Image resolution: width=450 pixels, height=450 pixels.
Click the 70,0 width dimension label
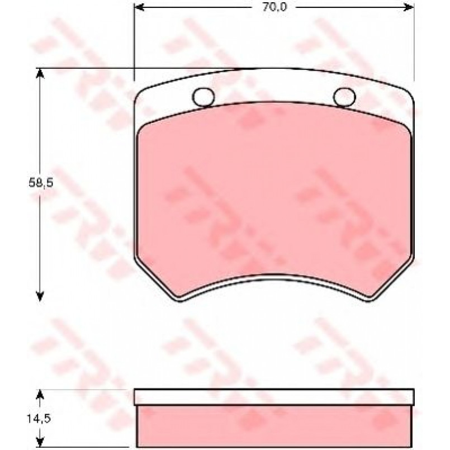pyautogui.click(x=274, y=7)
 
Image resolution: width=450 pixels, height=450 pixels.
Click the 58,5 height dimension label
pyautogui.click(x=41, y=183)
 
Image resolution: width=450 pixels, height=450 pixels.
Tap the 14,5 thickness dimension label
pyautogui.click(x=39, y=419)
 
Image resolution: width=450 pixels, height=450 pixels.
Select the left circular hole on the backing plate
pyautogui.click(x=203, y=97)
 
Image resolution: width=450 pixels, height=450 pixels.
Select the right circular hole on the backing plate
pyautogui.click(x=344, y=97)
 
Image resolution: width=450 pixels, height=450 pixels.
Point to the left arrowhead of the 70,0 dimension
pyautogui.click(x=140, y=7)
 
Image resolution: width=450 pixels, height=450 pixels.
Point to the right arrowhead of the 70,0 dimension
pyautogui.click(x=409, y=7)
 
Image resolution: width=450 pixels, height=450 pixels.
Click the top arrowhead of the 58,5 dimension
pyautogui.click(x=40, y=73)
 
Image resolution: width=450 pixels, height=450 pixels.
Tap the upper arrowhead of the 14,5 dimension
pyautogui.click(x=40, y=395)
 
